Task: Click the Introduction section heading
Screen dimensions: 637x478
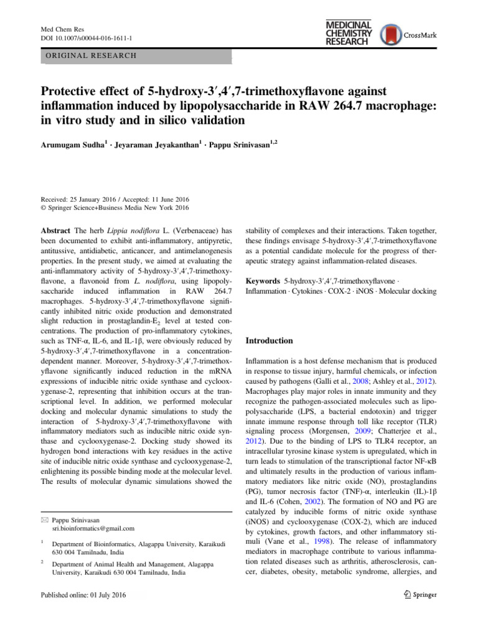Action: [269, 341]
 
